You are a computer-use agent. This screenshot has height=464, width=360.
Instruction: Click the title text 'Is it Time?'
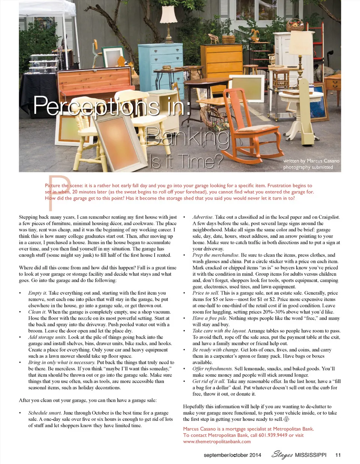click(186, 162)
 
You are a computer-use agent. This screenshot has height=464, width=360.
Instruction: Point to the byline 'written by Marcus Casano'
click(311, 161)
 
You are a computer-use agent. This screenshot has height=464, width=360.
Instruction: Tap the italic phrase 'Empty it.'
click(37, 293)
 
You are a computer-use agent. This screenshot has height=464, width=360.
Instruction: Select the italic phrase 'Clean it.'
click(37, 312)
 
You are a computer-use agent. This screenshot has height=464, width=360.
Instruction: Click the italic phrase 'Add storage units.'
click(47, 337)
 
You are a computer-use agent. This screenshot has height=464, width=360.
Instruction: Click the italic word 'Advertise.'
click(203, 217)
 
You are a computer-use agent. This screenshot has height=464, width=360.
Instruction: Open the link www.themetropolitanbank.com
click(217, 442)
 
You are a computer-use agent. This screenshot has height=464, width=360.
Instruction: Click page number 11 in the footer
click(338, 455)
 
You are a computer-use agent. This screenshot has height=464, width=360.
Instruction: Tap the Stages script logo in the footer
click(282, 455)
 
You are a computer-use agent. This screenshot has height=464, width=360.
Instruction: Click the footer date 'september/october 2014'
click(232, 455)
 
